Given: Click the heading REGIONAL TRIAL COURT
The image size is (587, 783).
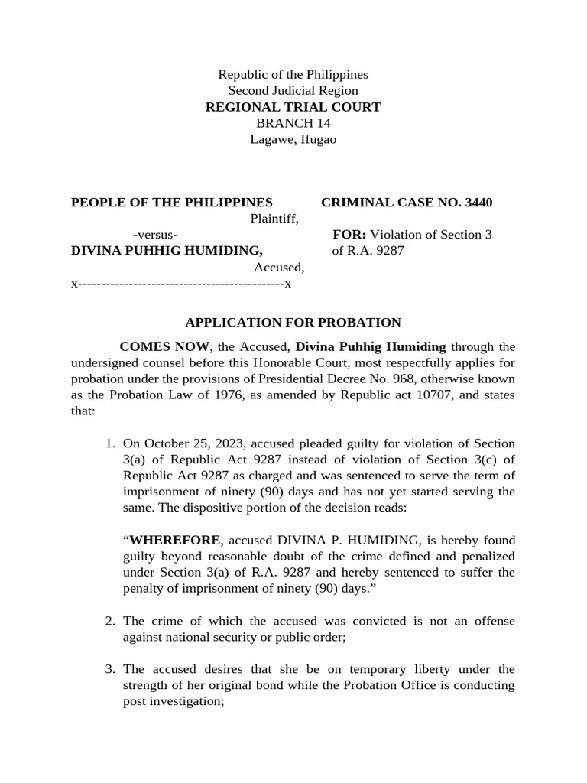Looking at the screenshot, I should click(x=293, y=107).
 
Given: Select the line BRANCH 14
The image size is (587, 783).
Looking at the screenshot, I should click(x=293, y=123).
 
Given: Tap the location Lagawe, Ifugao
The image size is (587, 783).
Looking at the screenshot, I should click(x=293, y=139).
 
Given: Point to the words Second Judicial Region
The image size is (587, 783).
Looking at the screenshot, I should click(x=293, y=91).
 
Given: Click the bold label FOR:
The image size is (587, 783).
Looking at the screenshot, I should click(x=349, y=235).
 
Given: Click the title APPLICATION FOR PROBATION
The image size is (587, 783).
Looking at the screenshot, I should click(x=293, y=323).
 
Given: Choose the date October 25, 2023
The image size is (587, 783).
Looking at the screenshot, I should click(x=183, y=444).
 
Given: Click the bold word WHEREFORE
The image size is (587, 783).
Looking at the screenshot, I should click(x=175, y=541).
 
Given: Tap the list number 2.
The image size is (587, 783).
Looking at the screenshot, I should click(x=110, y=621).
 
